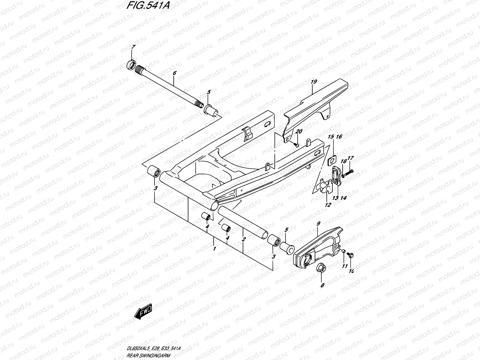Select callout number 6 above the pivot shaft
tap(175, 73)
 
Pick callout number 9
tap(318, 223)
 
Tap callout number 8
tap(322, 285)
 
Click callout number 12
tap(328, 205)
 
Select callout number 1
tap(214, 249)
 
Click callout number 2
tap(244, 239)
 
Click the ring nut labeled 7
tap(131, 64)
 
